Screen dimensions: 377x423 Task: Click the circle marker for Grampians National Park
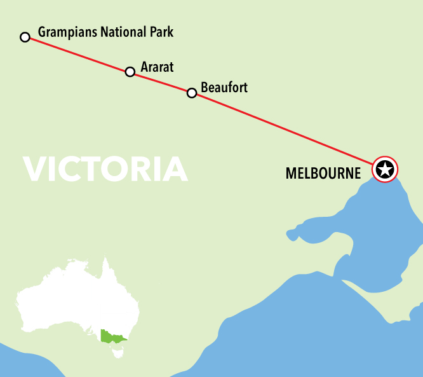pyautogui.click(x=25, y=37)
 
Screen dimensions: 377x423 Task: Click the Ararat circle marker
pyautogui.click(x=130, y=72)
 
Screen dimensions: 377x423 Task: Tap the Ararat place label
pyautogui.click(x=158, y=66)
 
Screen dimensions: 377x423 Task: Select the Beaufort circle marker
pyautogui.click(x=192, y=93)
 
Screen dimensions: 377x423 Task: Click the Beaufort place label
pyautogui.click(x=224, y=87)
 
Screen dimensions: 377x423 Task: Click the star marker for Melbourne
pyautogui.click(x=385, y=169)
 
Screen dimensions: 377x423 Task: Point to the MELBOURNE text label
pyautogui.click(x=323, y=172)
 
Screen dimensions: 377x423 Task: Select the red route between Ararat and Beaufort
pyautogui.click(x=161, y=83)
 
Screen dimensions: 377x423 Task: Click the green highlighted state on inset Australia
pyautogui.click(x=112, y=336)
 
